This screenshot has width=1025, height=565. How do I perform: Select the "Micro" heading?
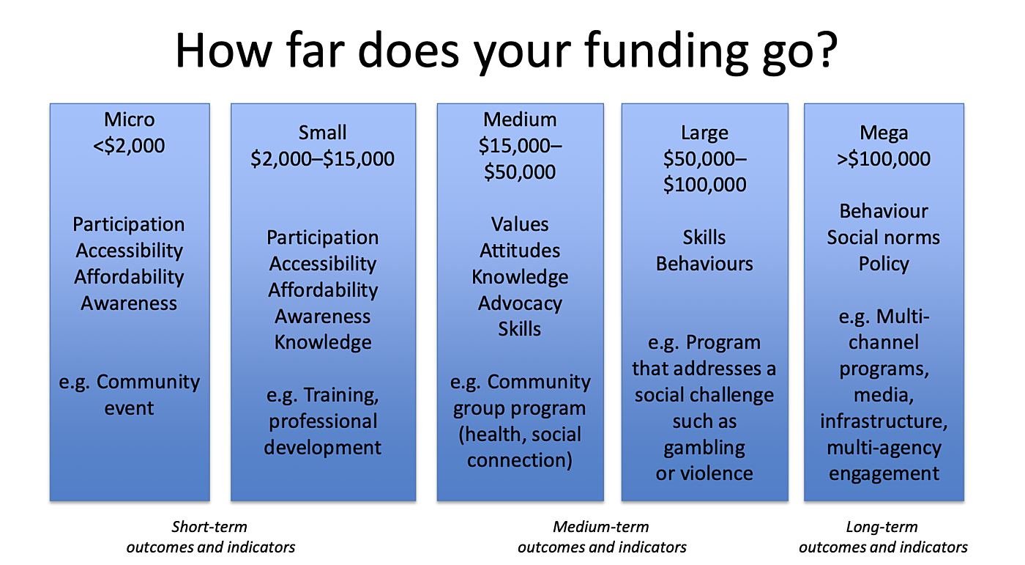(130, 119)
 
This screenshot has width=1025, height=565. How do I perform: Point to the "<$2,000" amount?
(130, 146)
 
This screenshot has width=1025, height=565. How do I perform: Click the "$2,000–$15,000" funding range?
(322, 159)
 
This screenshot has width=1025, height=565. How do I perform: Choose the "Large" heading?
(704, 133)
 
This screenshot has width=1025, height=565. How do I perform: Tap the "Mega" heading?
(884, 133)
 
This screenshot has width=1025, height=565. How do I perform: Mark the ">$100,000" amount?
(884, 159)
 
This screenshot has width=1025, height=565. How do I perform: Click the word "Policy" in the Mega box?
(884, 264)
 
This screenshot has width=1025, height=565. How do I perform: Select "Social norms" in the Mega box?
(884, 237)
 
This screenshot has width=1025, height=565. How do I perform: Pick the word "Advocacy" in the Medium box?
(520, 303)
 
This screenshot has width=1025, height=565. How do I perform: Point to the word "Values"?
(520, 224)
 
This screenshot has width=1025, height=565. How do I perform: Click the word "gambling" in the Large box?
(704, 447)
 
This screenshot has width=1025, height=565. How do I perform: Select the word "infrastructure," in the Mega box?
(884, 421)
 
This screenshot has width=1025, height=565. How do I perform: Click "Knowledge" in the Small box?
(323, 342)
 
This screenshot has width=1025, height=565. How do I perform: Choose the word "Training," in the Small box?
(342, 395)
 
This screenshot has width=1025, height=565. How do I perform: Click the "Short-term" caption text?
(209, 527)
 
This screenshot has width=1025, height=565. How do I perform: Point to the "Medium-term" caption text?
(601, 527)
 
